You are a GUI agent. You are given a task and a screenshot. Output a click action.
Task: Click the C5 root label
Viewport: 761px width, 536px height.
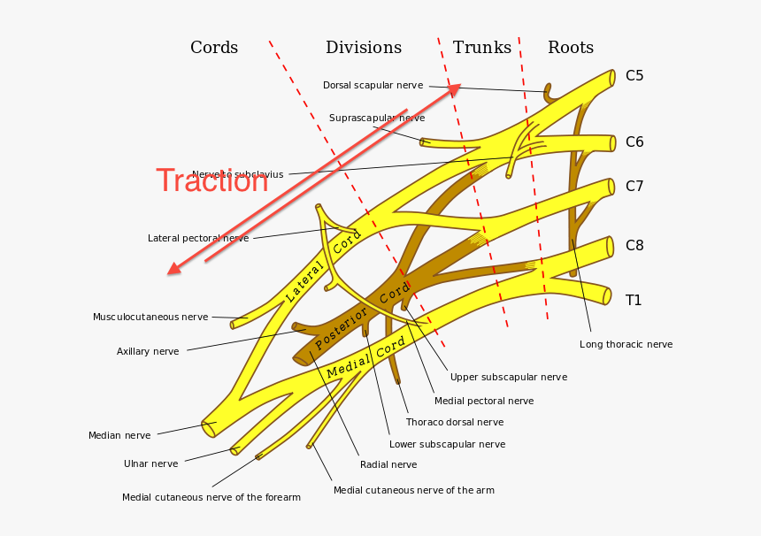coord(634,76)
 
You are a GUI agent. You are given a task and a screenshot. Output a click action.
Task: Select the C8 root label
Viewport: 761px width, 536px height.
coord(634,246)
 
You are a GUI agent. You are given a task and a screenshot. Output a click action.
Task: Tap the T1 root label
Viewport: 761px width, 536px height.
coord(634,301)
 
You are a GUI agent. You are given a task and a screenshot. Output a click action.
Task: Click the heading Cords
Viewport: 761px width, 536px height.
coord(214,48)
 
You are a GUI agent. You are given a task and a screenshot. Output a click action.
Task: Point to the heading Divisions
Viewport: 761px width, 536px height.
coord(364,48)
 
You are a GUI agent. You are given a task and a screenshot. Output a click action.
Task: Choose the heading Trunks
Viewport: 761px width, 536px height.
coord(482,48)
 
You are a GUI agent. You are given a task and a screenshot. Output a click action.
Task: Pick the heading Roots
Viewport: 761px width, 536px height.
coord(571,48)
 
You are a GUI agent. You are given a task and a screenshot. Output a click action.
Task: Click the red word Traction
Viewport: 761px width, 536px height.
coord(212,181)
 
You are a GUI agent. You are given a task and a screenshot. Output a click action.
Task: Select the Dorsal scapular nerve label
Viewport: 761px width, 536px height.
coord(373,86)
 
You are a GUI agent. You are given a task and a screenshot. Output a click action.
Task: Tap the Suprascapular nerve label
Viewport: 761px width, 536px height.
coord(377,118)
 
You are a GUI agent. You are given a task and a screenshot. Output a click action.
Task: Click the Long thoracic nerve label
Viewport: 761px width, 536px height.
coord(626,344)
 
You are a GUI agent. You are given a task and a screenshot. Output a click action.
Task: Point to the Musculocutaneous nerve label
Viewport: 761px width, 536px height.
coord(150,317)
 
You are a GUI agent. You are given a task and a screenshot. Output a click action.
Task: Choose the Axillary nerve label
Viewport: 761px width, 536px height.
coord(148,351)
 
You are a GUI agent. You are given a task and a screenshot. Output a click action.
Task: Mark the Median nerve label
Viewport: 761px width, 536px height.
coord(119,435)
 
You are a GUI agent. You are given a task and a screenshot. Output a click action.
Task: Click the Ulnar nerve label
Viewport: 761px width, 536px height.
coord(150,463)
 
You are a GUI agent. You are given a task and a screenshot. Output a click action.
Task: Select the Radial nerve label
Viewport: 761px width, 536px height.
coord(388,464)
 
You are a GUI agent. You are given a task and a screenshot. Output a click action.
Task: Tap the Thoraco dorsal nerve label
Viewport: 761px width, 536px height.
coord(455,423)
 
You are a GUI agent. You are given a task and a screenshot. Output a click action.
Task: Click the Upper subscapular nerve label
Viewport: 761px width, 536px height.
coord(509,377)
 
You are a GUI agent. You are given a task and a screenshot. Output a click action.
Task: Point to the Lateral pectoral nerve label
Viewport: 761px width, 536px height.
coord(198,238)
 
